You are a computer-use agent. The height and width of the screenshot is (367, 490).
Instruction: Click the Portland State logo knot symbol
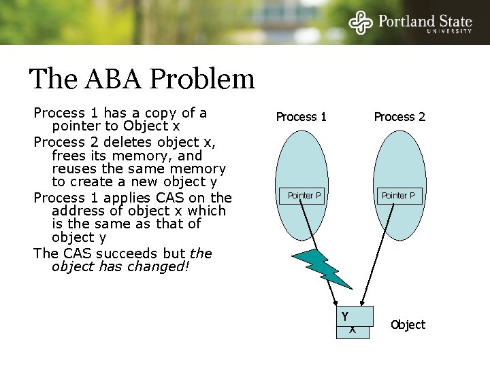point(361,22)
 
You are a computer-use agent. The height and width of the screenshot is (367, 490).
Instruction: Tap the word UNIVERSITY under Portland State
point(448,31)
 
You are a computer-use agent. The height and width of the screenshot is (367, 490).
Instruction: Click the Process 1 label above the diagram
point(301,116)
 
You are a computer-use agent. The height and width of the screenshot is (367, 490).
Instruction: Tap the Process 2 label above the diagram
point(399,116)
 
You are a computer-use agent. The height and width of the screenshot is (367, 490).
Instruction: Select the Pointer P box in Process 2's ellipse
point(402,196)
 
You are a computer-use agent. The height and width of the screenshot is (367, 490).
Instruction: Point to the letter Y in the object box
point(345,316)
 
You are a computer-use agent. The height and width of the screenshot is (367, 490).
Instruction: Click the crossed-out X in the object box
point(352,330)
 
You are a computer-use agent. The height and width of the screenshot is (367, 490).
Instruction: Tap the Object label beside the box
point(408,325)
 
